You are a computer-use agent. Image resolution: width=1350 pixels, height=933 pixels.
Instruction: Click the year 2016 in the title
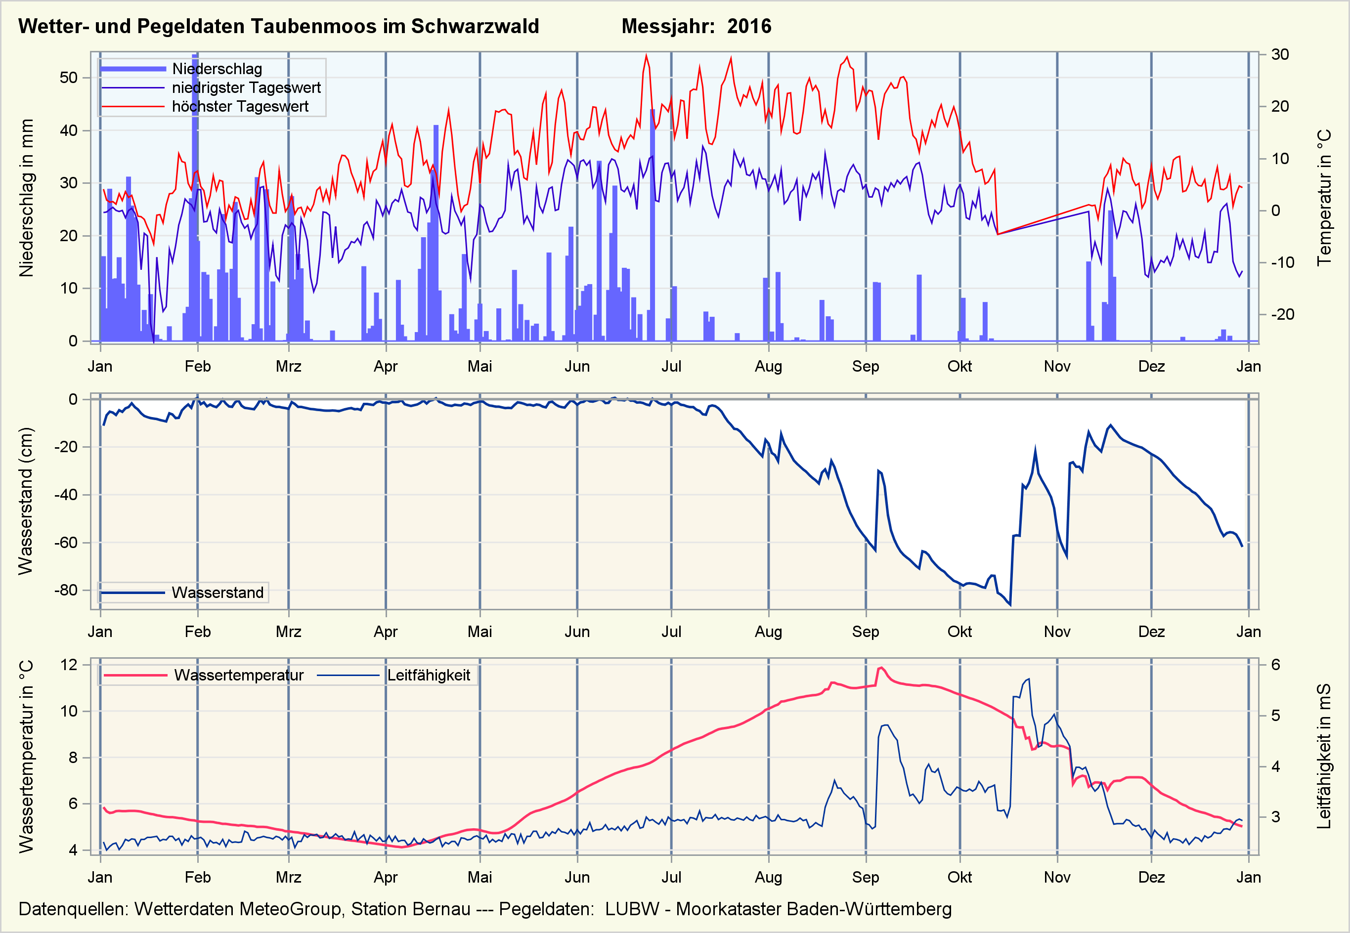point(749,26)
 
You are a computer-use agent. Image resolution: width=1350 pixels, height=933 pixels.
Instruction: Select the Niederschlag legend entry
point(217,69)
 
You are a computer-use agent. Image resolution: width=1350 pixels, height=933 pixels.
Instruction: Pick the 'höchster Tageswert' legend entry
point(240,106)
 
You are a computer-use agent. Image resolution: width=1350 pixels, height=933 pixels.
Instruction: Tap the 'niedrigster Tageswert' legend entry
point(246,87)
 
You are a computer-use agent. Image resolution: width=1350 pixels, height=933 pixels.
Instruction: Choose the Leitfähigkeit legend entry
point(429,675)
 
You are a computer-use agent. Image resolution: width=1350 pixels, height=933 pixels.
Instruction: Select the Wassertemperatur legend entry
point(239,675)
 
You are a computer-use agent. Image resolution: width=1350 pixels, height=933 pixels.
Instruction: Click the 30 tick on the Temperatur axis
point(1280,54)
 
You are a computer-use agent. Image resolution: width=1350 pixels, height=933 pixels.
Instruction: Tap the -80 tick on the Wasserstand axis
point(65,590)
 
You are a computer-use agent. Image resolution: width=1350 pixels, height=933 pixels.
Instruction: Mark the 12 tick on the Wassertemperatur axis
point(68,665)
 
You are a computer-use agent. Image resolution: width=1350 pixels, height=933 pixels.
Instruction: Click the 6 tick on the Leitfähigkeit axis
point(1276,665)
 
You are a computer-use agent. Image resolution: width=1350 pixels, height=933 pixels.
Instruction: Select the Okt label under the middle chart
point(959,632)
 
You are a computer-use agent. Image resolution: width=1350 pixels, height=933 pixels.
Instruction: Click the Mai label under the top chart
point(479,367)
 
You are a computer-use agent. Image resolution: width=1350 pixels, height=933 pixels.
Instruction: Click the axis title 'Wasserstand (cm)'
point(25,501)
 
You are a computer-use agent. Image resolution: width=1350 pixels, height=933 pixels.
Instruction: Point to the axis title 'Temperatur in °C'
point(1324,198)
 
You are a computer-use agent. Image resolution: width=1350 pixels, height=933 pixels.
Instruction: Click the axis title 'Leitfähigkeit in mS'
point(1324,756)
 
